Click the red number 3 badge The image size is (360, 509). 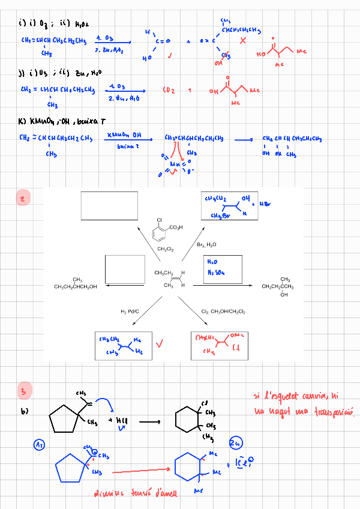click(x=23, y=390)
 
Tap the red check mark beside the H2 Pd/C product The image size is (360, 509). click(x=160, y=344)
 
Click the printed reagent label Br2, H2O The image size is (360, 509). click(x=207, y=245)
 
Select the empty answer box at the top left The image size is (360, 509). click(x=109, y=206)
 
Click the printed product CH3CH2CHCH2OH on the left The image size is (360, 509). click(x=75, y=286)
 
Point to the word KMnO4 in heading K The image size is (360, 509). click(x=38, y=122)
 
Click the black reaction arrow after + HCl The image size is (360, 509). click(x=150, y=421)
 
